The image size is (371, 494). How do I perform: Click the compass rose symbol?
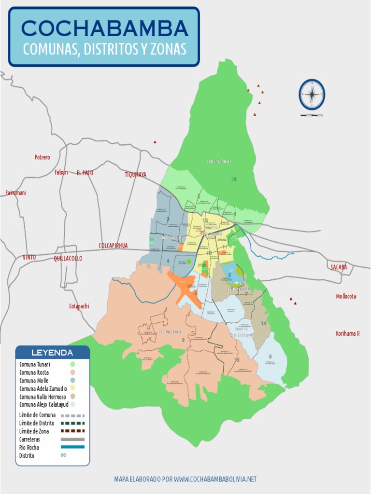point(312,95)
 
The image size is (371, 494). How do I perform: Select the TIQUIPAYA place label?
point(135,175)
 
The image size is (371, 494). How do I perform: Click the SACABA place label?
point(339,267)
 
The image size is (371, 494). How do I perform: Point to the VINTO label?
point(29,258)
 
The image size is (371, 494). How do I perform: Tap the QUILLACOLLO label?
point(68,259)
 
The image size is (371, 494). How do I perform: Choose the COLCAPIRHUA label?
point(113,246)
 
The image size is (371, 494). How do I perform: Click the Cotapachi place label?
point(79,306)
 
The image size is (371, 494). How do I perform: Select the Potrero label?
point(42,157)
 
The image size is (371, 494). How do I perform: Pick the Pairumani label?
point(16,192)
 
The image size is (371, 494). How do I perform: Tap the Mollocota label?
point(346,296)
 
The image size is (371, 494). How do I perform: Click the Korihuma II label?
point(347,333)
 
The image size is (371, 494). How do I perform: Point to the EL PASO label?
point(85,173)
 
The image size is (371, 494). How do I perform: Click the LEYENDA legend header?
point(52,353)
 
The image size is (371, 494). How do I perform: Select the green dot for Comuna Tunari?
point(72,364)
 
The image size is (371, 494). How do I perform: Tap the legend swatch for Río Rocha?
point(72,447)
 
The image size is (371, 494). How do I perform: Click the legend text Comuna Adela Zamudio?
point(41,388)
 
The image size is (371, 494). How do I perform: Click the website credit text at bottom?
point(185,479)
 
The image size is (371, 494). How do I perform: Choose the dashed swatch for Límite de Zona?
point(72,431)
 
